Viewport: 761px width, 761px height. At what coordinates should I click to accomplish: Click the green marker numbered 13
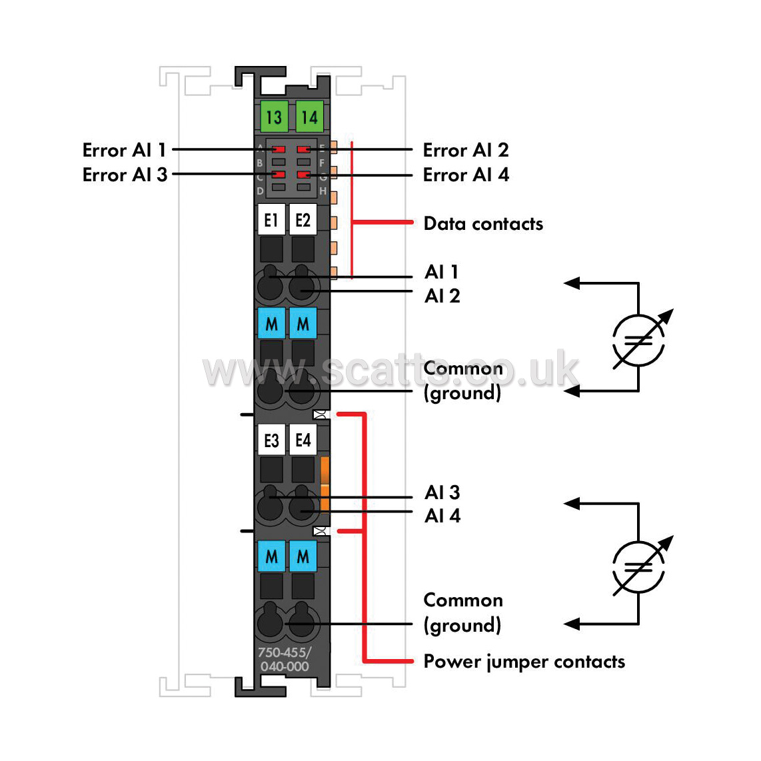pos(274,117)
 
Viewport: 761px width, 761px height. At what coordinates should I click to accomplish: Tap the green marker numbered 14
pos(310,117)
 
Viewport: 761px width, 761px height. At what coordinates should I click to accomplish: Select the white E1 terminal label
pos(271,220)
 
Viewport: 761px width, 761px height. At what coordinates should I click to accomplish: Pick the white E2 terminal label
pos(303,220)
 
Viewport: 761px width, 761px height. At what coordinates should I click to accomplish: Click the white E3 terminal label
pos(271,440)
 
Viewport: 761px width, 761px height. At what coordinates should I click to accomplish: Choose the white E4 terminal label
pos(303,440)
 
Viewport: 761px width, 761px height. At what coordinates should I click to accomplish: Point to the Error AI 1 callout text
pos(124,150)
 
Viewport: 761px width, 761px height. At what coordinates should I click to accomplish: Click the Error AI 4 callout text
pos(466,175)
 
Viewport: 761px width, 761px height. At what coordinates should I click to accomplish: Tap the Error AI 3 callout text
pos(125,175)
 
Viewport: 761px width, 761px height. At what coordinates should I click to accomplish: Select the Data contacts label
pos(483,224)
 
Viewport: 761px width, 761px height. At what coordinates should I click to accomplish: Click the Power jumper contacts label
pos(524,662)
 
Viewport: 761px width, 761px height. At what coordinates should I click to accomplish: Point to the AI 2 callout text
pos(442,296)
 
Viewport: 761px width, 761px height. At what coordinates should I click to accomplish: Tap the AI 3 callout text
pos(442,492)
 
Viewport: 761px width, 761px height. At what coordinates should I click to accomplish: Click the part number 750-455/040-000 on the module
pos(285,660)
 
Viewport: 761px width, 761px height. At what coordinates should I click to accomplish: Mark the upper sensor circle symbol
pos(638,341)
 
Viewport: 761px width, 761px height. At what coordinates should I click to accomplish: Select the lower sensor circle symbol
pos(638,567)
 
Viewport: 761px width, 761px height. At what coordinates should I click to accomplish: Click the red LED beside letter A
pos(278,149)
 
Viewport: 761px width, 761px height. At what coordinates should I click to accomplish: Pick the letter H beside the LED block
pos(323,191)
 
